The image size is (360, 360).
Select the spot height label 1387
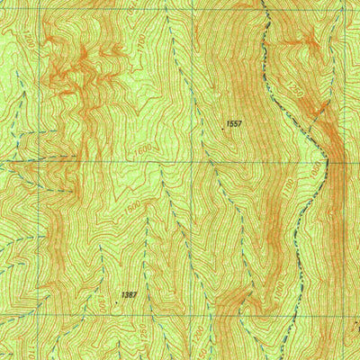coord(130,294)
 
